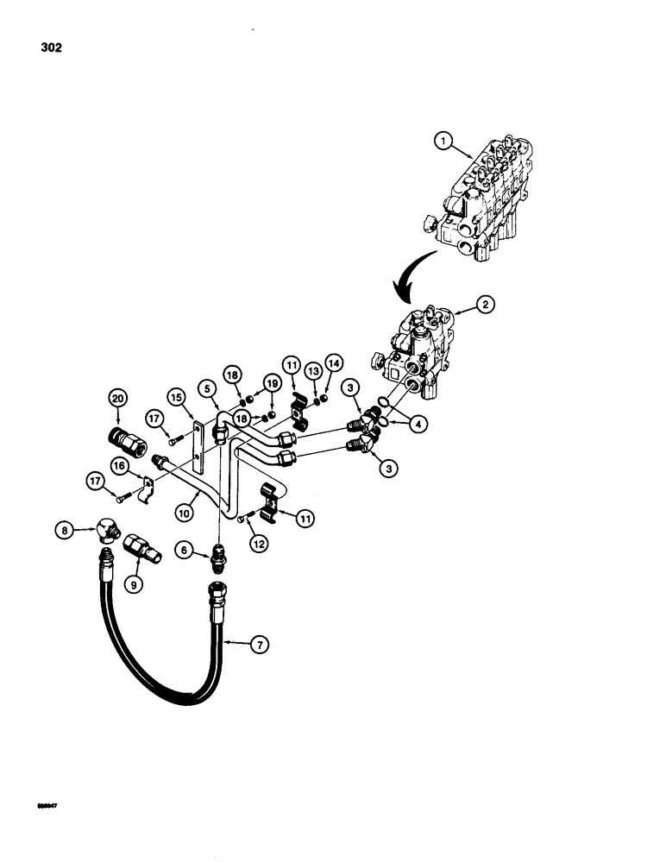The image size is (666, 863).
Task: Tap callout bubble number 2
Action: [x=487, y=304]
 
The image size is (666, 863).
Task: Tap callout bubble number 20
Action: [x=117, y=398]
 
